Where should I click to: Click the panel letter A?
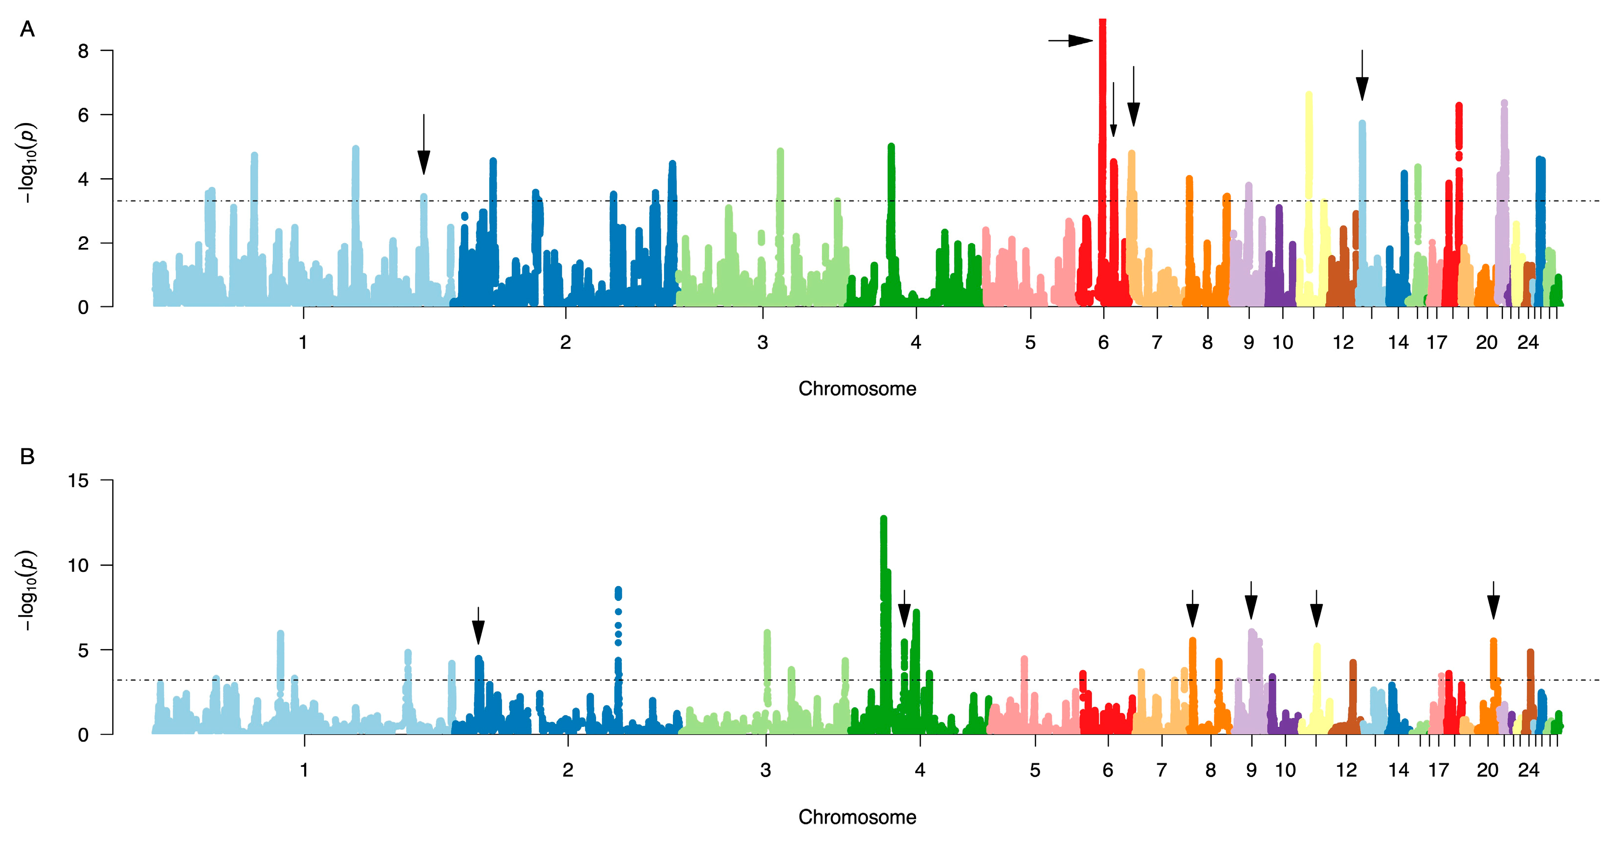(x=27, y=29)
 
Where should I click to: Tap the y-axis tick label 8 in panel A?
(x=83, y=51)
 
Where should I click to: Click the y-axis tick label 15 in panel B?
(x=79, y=481)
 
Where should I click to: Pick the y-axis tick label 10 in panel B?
(x=79, y=565)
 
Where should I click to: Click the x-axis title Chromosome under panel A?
(x=857, y=389)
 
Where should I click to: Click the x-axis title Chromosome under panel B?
(x=857, y=817)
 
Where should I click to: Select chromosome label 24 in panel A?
(x=1527, y=343)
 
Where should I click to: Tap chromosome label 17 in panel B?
(x=1438, y=770)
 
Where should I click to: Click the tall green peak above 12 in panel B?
(x=884, y=522)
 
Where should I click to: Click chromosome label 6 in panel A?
(x=1103, y=343)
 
